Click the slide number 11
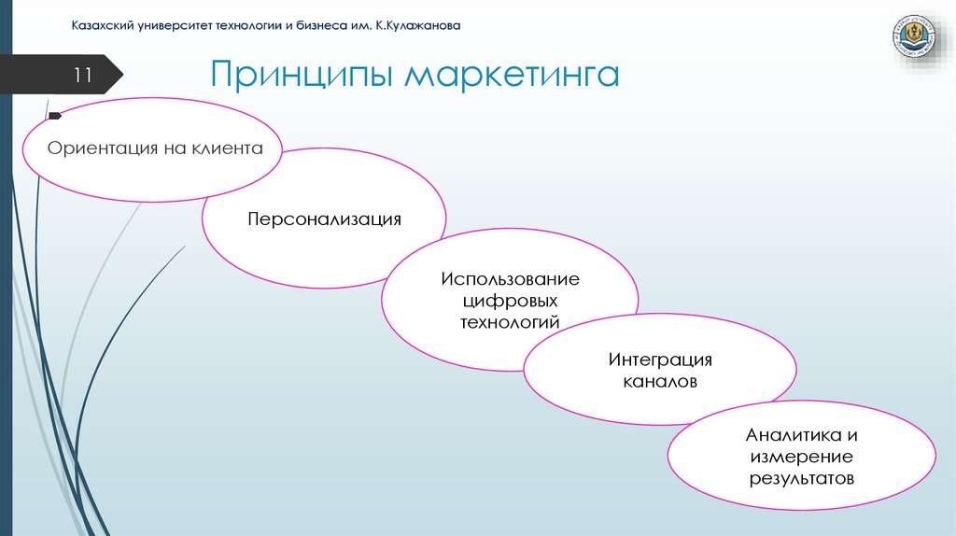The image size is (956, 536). point(81,76)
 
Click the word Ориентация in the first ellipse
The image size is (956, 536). point(98,148)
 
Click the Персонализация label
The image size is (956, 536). point(324,219)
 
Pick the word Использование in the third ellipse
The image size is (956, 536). point(510,279)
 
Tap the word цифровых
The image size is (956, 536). point(510,301)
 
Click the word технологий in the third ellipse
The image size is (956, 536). point(510,322)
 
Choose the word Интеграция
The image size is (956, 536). point(660,360)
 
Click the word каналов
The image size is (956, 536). point(660,382)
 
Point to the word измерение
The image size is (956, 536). point(801,457)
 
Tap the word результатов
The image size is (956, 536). point(801,478)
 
